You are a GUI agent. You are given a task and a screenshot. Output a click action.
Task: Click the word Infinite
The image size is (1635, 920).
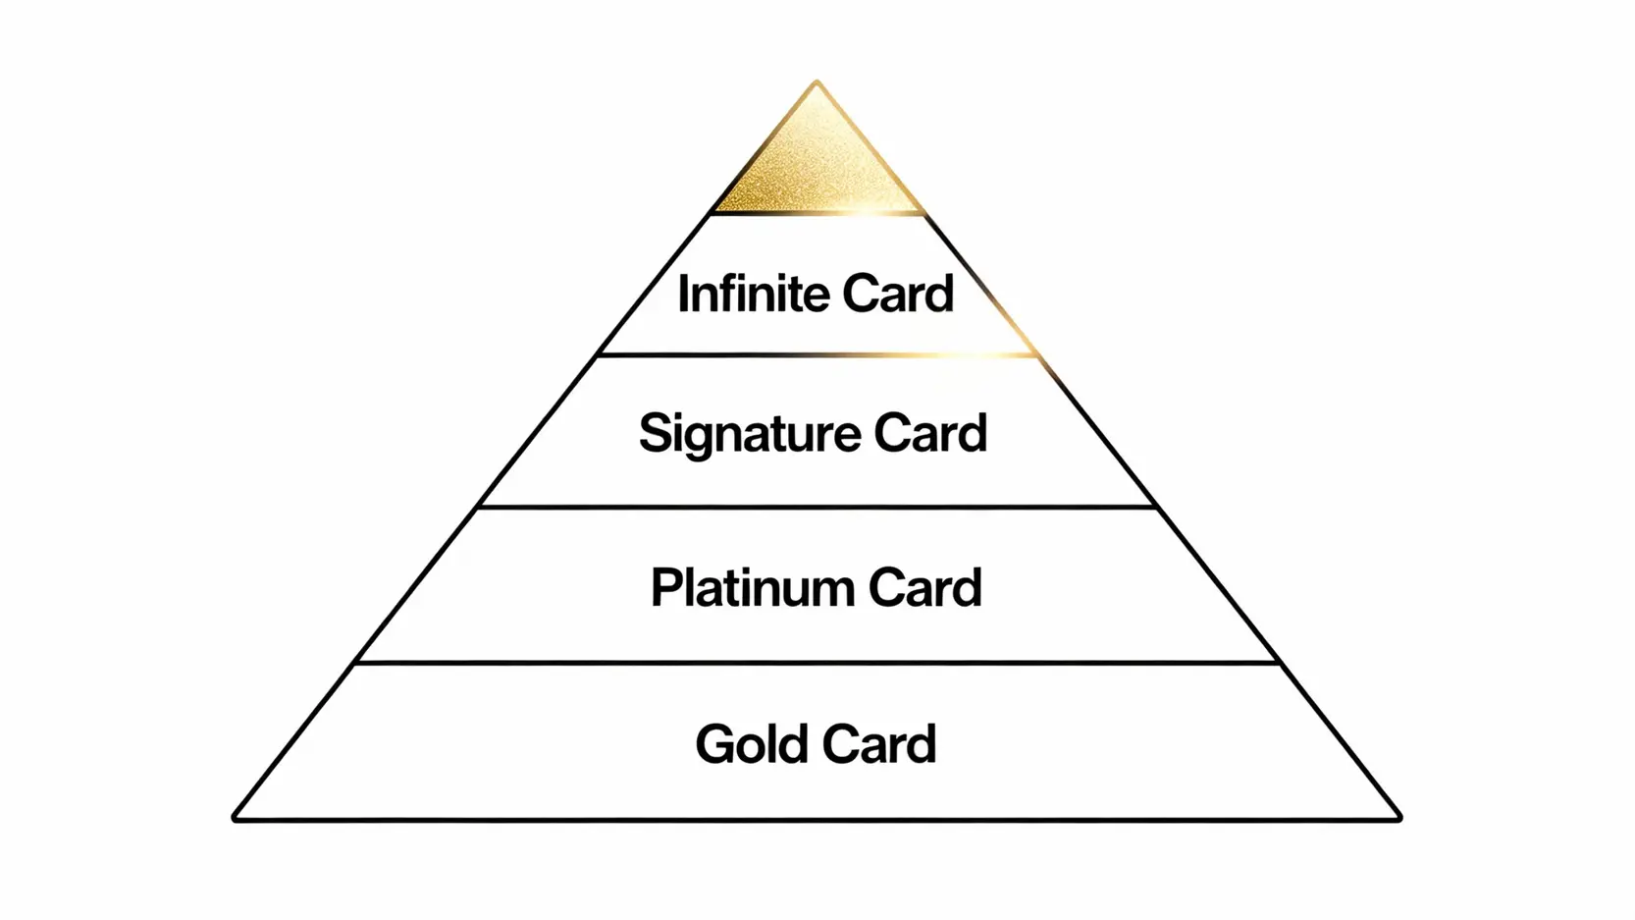(754, 294)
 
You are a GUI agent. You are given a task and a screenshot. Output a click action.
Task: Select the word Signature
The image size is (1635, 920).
(750, 434)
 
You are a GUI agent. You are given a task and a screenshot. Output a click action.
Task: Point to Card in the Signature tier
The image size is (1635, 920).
(929, 433)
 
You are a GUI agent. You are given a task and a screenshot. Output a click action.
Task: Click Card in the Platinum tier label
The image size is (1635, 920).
(924, 588)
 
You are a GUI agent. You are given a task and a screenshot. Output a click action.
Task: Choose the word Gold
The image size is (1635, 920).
(752, 744)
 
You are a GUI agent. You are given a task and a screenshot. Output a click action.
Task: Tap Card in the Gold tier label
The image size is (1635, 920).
(879, 744)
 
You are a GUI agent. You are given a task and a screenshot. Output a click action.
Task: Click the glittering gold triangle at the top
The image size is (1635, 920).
(817, 167)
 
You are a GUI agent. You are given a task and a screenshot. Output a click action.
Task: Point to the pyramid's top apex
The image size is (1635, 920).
(817, 82)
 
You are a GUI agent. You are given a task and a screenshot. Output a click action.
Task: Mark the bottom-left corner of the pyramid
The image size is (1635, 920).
(236, 817)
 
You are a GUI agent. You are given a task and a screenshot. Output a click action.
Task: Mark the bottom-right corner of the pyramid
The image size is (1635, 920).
(1398, 817)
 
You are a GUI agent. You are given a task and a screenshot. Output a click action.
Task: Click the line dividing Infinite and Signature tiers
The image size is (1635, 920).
(817, 355)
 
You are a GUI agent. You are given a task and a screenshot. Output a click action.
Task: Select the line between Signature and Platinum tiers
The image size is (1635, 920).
(817, 508)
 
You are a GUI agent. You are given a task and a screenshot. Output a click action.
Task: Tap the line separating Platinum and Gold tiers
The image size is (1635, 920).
(817, 663)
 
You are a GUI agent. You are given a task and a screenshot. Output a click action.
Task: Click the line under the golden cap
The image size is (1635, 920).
(817, 213)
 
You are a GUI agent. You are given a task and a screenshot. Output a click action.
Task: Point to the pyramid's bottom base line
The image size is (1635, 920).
(817, 819)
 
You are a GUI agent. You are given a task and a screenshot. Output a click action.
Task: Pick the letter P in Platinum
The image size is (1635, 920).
(667, 588)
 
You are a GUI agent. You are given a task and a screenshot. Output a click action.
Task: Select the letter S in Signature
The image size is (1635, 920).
(656, 433)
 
